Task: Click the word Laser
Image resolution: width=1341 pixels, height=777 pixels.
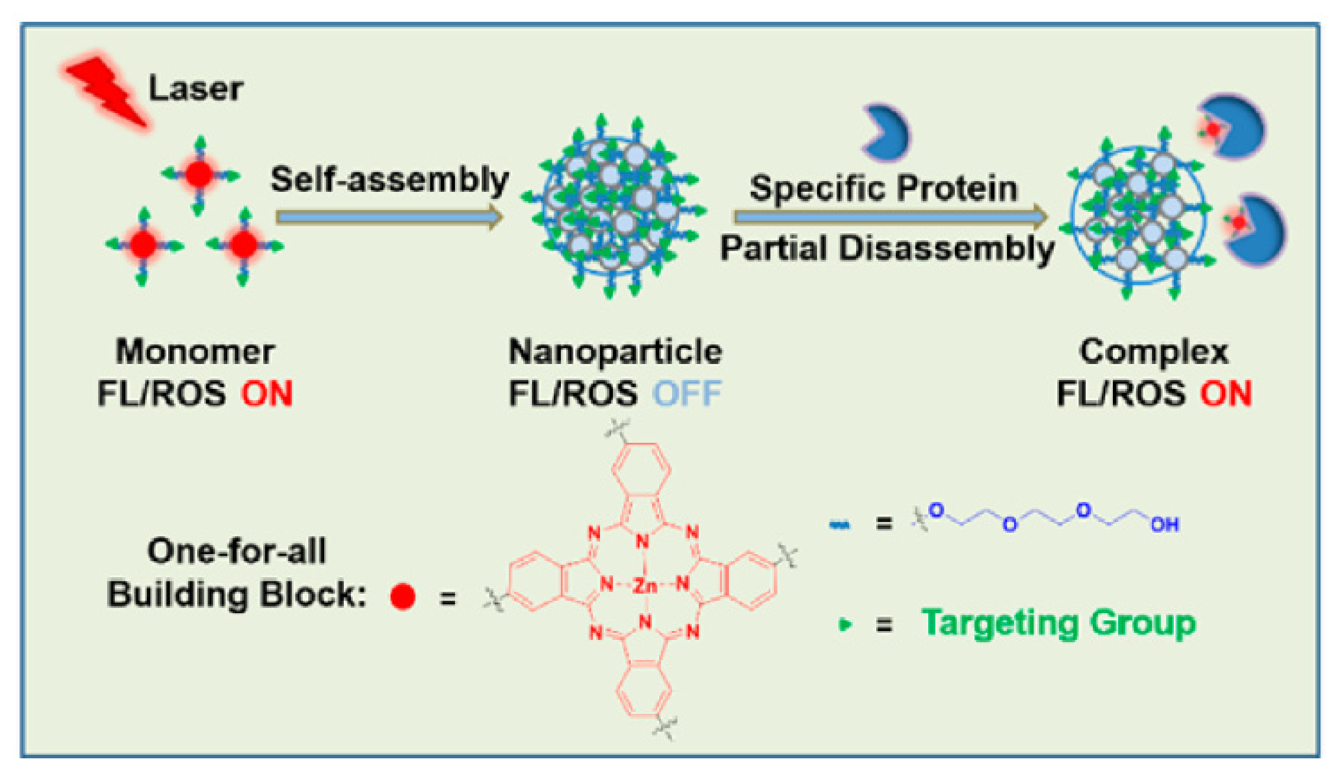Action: [195, 89]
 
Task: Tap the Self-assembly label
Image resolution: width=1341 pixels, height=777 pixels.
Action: [390, 179]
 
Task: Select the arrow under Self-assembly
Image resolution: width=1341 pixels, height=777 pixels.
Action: [388, 217]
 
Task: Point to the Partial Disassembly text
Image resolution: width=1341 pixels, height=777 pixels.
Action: [886, 248]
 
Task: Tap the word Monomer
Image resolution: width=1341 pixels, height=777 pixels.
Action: [195, 352]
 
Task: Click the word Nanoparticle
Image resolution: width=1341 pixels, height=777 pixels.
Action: [615, 352]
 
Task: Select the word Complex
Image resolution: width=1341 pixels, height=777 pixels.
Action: [1154, 352]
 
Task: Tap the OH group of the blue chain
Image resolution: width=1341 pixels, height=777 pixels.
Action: [1165, 525]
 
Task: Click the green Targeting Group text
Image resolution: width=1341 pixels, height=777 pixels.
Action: [1059, 623]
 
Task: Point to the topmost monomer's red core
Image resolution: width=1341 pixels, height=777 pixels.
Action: [199, 174]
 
